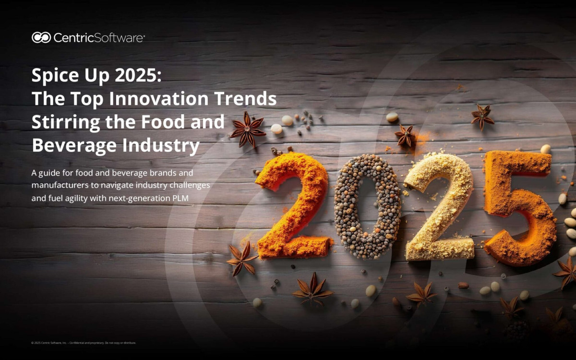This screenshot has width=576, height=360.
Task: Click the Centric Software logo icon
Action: click(41, 37)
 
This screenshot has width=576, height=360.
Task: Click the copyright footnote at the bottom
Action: click(84, 343)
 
